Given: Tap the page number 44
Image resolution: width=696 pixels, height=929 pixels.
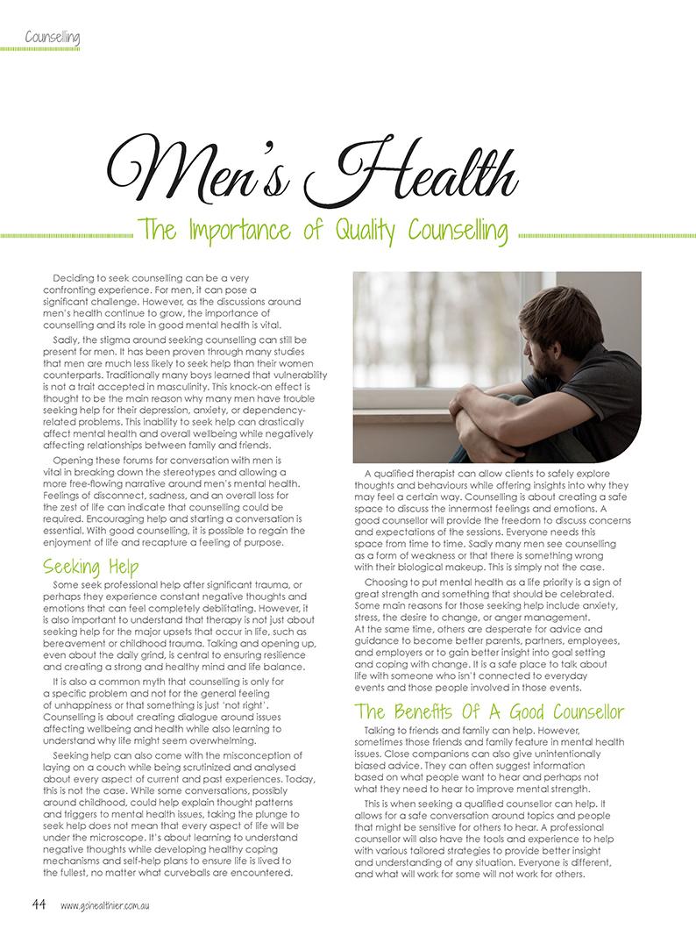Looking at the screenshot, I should (39, 904).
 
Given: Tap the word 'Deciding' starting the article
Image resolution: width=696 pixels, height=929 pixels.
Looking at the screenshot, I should (77, 277).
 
